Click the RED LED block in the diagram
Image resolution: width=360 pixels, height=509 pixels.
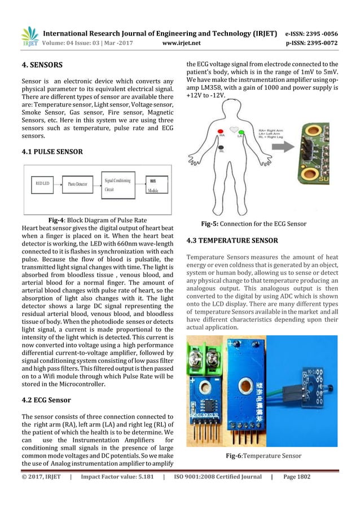(x=43, y=184)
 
